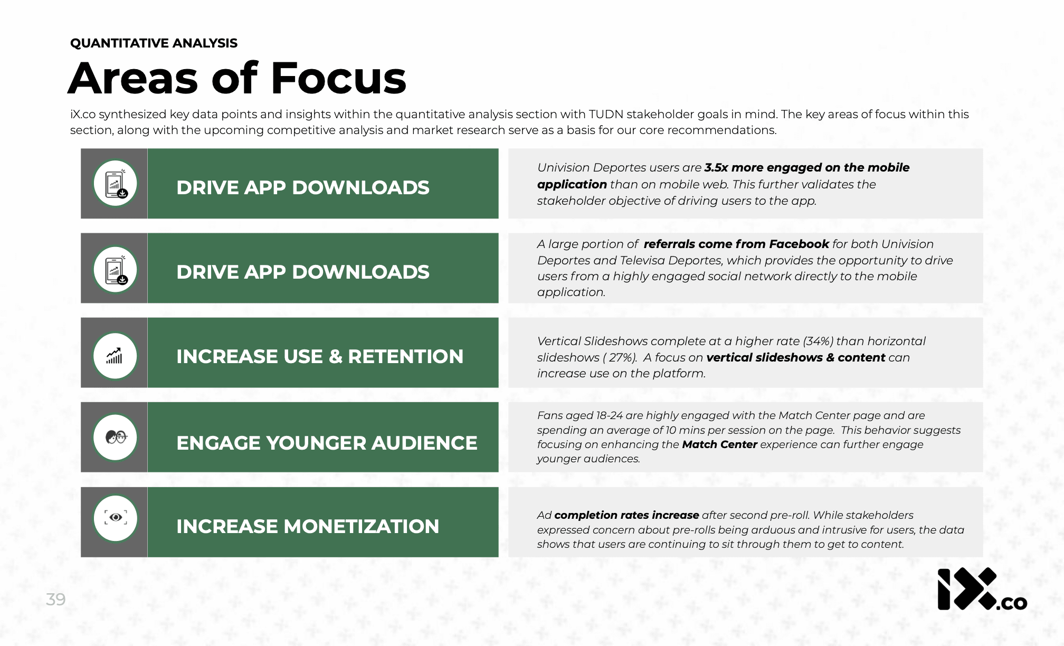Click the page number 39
pos(55,599)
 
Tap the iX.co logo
pos(981,590)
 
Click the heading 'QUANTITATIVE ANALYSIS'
pos(154,43)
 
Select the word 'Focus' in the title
pos(338,79)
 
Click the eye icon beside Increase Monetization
pos(116,518)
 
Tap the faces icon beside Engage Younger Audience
pos(116,437)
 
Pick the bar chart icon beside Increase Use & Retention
pos(115,356)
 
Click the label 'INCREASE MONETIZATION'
pos(307,526)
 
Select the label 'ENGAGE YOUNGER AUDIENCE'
pos(326,443)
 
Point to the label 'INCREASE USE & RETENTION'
pos(319,356)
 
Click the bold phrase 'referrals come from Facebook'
pos(736,244)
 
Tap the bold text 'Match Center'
pos(719,444)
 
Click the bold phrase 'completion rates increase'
pos(626,515)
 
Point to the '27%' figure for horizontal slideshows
pos(621,357)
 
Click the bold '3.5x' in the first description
pos(716,167)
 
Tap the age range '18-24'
pos(609,415)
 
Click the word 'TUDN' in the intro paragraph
pos(606,114)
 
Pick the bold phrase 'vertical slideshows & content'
pos(795,357)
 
